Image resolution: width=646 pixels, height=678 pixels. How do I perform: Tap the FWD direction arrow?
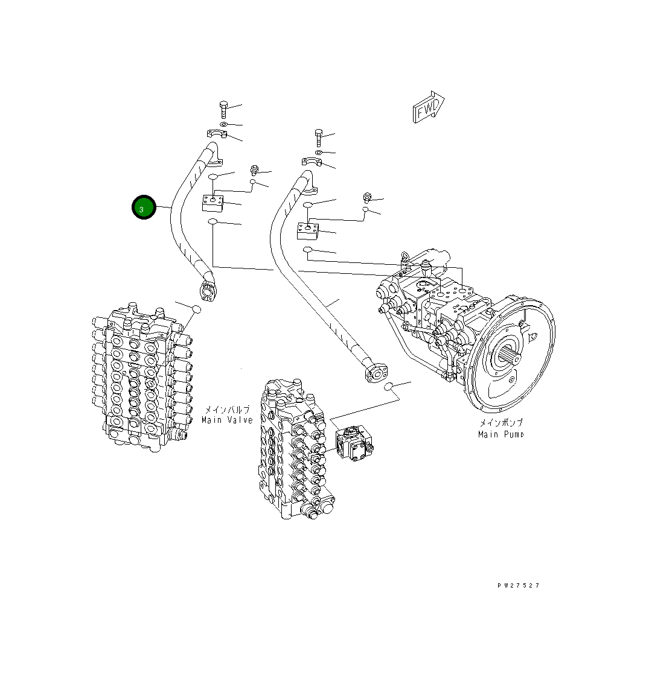point(429,109)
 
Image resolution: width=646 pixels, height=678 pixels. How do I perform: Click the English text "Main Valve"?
point(227,420)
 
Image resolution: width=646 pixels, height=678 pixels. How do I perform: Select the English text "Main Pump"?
point(500,434)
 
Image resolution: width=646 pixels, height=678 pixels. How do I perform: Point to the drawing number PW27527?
point(518,586)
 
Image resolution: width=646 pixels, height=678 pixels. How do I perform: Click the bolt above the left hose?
point(223,109)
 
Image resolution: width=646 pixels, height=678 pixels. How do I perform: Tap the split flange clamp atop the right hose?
point(311,160)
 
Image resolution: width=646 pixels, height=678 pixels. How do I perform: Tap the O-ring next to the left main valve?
point(196,309)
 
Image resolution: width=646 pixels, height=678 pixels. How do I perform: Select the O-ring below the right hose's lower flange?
point(391,386)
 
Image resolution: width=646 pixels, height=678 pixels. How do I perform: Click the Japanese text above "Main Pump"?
point(501,423)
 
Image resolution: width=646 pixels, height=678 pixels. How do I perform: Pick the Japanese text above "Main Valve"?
point(227,409)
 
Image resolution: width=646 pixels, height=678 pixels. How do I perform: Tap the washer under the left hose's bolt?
point(223,124)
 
